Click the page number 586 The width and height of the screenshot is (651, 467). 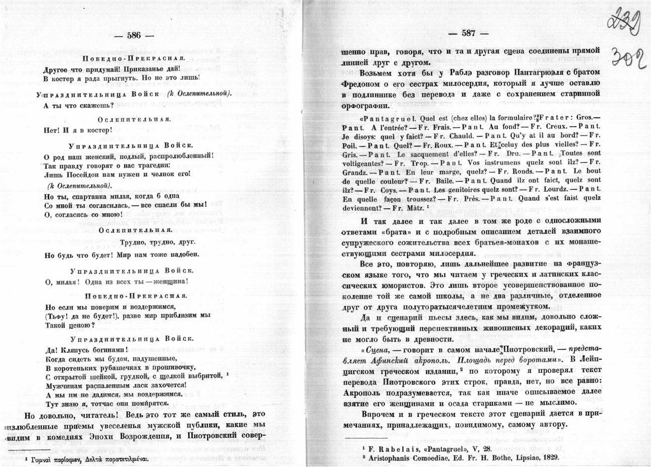point(134,35)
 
